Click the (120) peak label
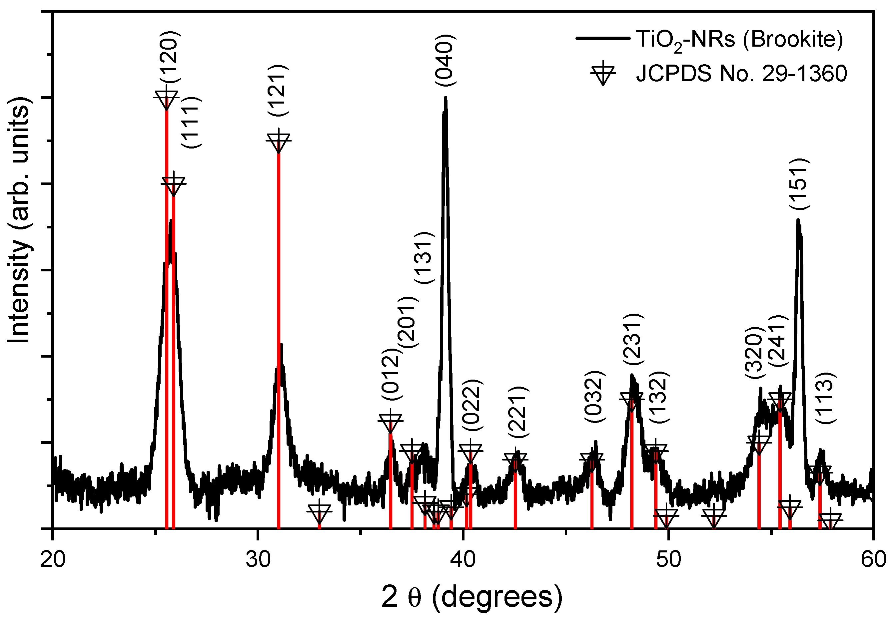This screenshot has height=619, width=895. [170, 57]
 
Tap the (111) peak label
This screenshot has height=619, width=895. [192, 122]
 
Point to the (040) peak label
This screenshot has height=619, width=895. [445, 60]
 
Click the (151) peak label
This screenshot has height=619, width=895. [799, 184]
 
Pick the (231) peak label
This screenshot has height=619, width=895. [633, 339]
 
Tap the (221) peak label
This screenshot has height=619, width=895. [518, 412]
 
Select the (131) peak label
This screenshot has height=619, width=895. [425, 257]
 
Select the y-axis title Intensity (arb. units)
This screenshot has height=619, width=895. [19, 219]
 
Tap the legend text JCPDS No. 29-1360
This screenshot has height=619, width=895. [741, 73]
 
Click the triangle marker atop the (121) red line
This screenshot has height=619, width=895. [278, 142]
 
